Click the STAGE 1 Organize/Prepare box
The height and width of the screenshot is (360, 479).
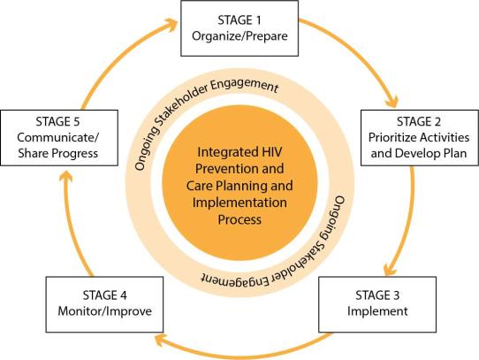239,28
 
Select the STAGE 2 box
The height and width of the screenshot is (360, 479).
420,138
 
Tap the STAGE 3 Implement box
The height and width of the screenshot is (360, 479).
377,304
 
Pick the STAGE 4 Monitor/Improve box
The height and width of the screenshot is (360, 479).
104,304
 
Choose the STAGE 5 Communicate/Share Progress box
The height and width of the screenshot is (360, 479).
59,138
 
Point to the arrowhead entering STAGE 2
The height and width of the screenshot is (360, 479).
392,102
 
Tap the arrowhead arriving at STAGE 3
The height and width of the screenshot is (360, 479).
390,268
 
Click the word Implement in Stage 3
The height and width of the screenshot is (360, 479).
377,311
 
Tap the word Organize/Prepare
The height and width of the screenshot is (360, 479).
239,36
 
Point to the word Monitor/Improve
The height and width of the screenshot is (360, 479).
105,311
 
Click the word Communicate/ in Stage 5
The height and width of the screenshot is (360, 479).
58,138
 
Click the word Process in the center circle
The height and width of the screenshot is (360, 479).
239,219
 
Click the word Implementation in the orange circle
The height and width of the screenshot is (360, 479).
239,203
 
